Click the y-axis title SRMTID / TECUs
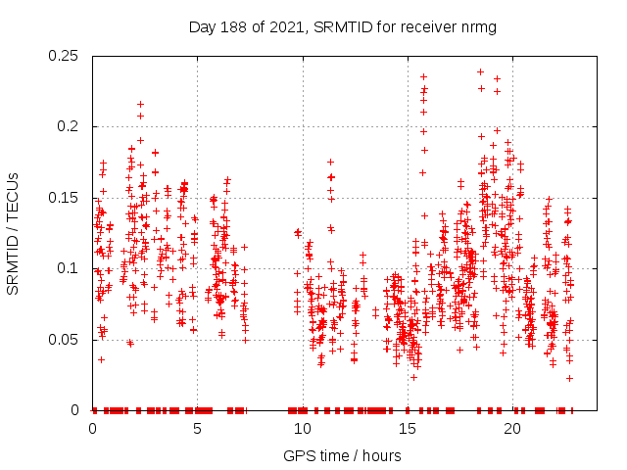click(x=13, y=233)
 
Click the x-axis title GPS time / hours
click(x=342, y=455)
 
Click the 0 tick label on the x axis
click(x=93, y=429)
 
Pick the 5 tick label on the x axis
click(x=197, y=429)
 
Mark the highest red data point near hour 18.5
click(x=480, y=71)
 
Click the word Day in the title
click(x=201, y=26)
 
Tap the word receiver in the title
click(x=424, y=26)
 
